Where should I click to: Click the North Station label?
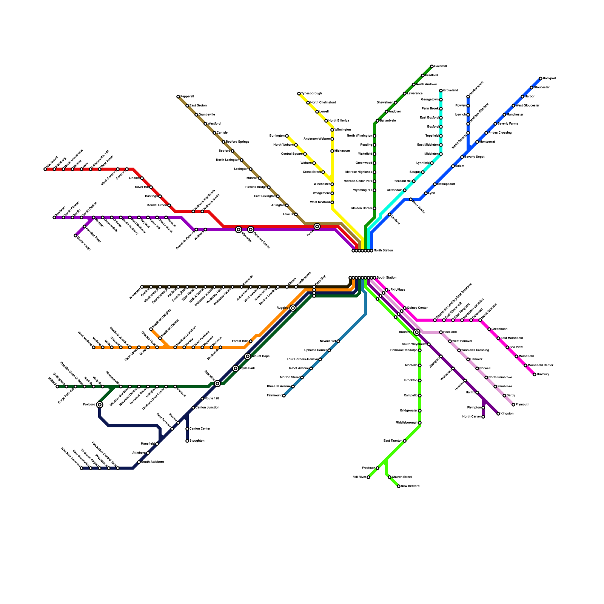click(383, 251)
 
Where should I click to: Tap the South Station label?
click(386, 278)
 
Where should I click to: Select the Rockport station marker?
click(541, 79)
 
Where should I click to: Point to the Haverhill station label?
click(440, 66)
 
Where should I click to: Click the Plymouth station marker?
click(513, 405)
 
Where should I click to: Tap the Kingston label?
click(507, 414)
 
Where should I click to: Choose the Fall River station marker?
click(368, 477)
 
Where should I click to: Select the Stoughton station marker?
click(187, 441)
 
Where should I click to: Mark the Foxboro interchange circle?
click(100, 405)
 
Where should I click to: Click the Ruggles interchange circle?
click(293, 308)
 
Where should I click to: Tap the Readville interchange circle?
click(217, 384)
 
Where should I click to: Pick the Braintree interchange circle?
click(417, 332)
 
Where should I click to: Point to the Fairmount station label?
click(274, 396)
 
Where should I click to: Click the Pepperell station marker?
click(178, 97)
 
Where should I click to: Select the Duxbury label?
click(543, 374)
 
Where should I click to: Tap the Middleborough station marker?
click(420, 423)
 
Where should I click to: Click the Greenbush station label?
click(499, 329)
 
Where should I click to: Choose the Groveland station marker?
click(441, 91)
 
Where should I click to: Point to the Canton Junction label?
click(207, 408)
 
